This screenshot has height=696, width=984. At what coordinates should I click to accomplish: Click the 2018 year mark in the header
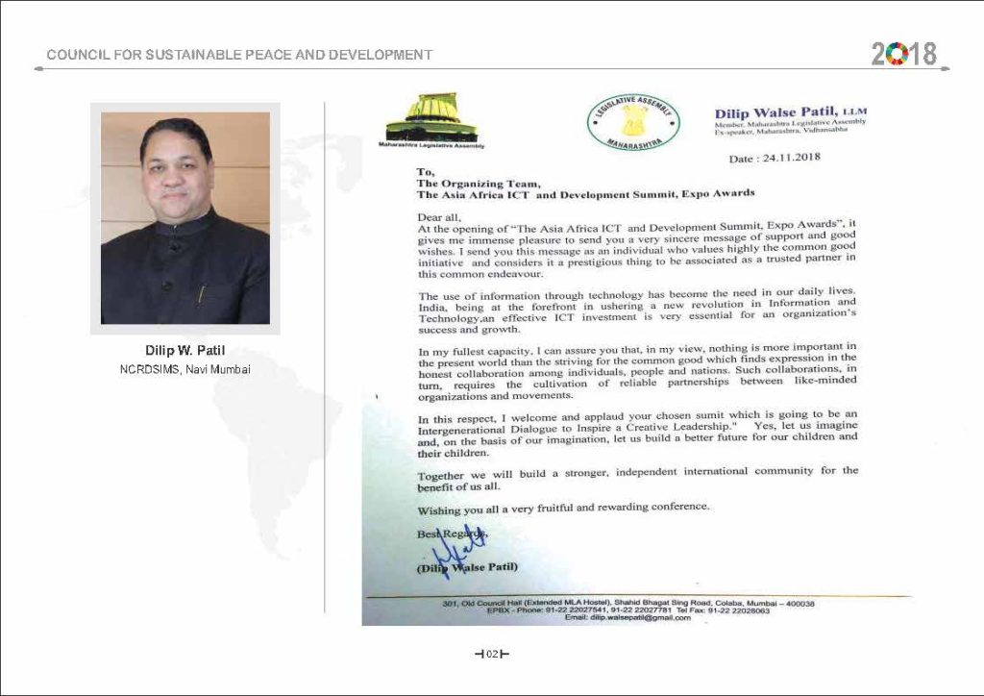coord(904,53)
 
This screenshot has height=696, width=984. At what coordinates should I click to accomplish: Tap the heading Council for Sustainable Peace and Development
coord(239,55)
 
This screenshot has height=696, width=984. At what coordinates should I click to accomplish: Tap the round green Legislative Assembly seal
coord(633,124)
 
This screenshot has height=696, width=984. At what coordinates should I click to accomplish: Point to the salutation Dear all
coord(437,218)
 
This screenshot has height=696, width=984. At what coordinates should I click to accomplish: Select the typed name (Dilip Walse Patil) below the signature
coord(467,567)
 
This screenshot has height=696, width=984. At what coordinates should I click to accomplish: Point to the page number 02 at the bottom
coord(491,655)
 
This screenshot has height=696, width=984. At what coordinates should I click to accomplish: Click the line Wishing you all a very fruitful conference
coord(563,507)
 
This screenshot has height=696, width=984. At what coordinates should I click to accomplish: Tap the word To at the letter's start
coord(424,171)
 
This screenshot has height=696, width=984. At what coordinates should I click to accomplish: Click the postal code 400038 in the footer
coord(797,603)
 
